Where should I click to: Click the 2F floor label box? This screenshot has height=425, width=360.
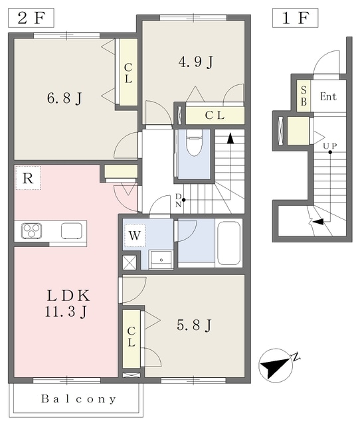[31, 18]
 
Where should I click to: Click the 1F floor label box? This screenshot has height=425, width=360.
[295, 18]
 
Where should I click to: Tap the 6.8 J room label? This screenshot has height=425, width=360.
[64, 98]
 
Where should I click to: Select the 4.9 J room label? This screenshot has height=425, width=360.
[196, 62]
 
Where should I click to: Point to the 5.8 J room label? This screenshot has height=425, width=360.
[194, 325]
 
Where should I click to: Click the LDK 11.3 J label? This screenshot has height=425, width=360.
[66, 303]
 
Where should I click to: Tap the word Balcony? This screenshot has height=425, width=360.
[78, 398]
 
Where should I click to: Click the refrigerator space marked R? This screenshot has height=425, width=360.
[28, 178]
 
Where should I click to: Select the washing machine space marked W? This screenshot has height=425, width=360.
[134, 236]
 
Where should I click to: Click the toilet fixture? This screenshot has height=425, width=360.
[194, 143]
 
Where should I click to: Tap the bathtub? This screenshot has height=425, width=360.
[229, 243]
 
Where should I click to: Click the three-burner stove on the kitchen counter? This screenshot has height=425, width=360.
[32, 230]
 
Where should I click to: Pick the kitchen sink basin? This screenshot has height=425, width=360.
[72, 230]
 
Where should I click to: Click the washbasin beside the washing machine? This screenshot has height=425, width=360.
[161, 260]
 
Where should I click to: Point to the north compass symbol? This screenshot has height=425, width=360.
[276, 365]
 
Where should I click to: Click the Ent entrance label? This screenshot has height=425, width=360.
[328, 96]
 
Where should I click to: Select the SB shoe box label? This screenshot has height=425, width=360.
[304, 96]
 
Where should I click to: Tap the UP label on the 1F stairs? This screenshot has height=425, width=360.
[329, 146]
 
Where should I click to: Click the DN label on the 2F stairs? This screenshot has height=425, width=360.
[178, 201]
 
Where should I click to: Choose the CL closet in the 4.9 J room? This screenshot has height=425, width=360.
[215, 116]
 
